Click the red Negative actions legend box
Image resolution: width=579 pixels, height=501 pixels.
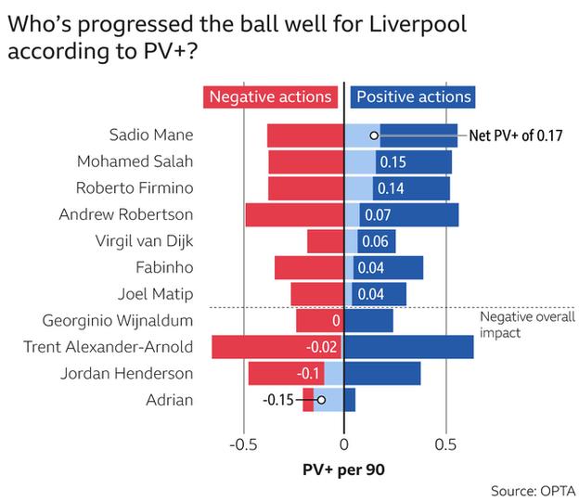(270, 96)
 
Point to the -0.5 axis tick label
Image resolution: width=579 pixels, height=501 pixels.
(243, 443)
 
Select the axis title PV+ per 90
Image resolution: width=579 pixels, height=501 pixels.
(344, 469)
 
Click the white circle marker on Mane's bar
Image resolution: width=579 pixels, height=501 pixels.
(373, 135)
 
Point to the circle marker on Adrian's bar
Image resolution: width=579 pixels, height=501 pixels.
(321, 401)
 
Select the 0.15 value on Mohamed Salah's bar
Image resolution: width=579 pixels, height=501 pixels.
(393, 162)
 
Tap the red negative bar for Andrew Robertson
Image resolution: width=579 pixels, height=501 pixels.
(294, 215)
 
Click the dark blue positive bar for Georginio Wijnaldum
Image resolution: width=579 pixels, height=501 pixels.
(368, 321)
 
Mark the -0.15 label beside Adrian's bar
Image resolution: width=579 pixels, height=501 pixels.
(279, 401)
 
